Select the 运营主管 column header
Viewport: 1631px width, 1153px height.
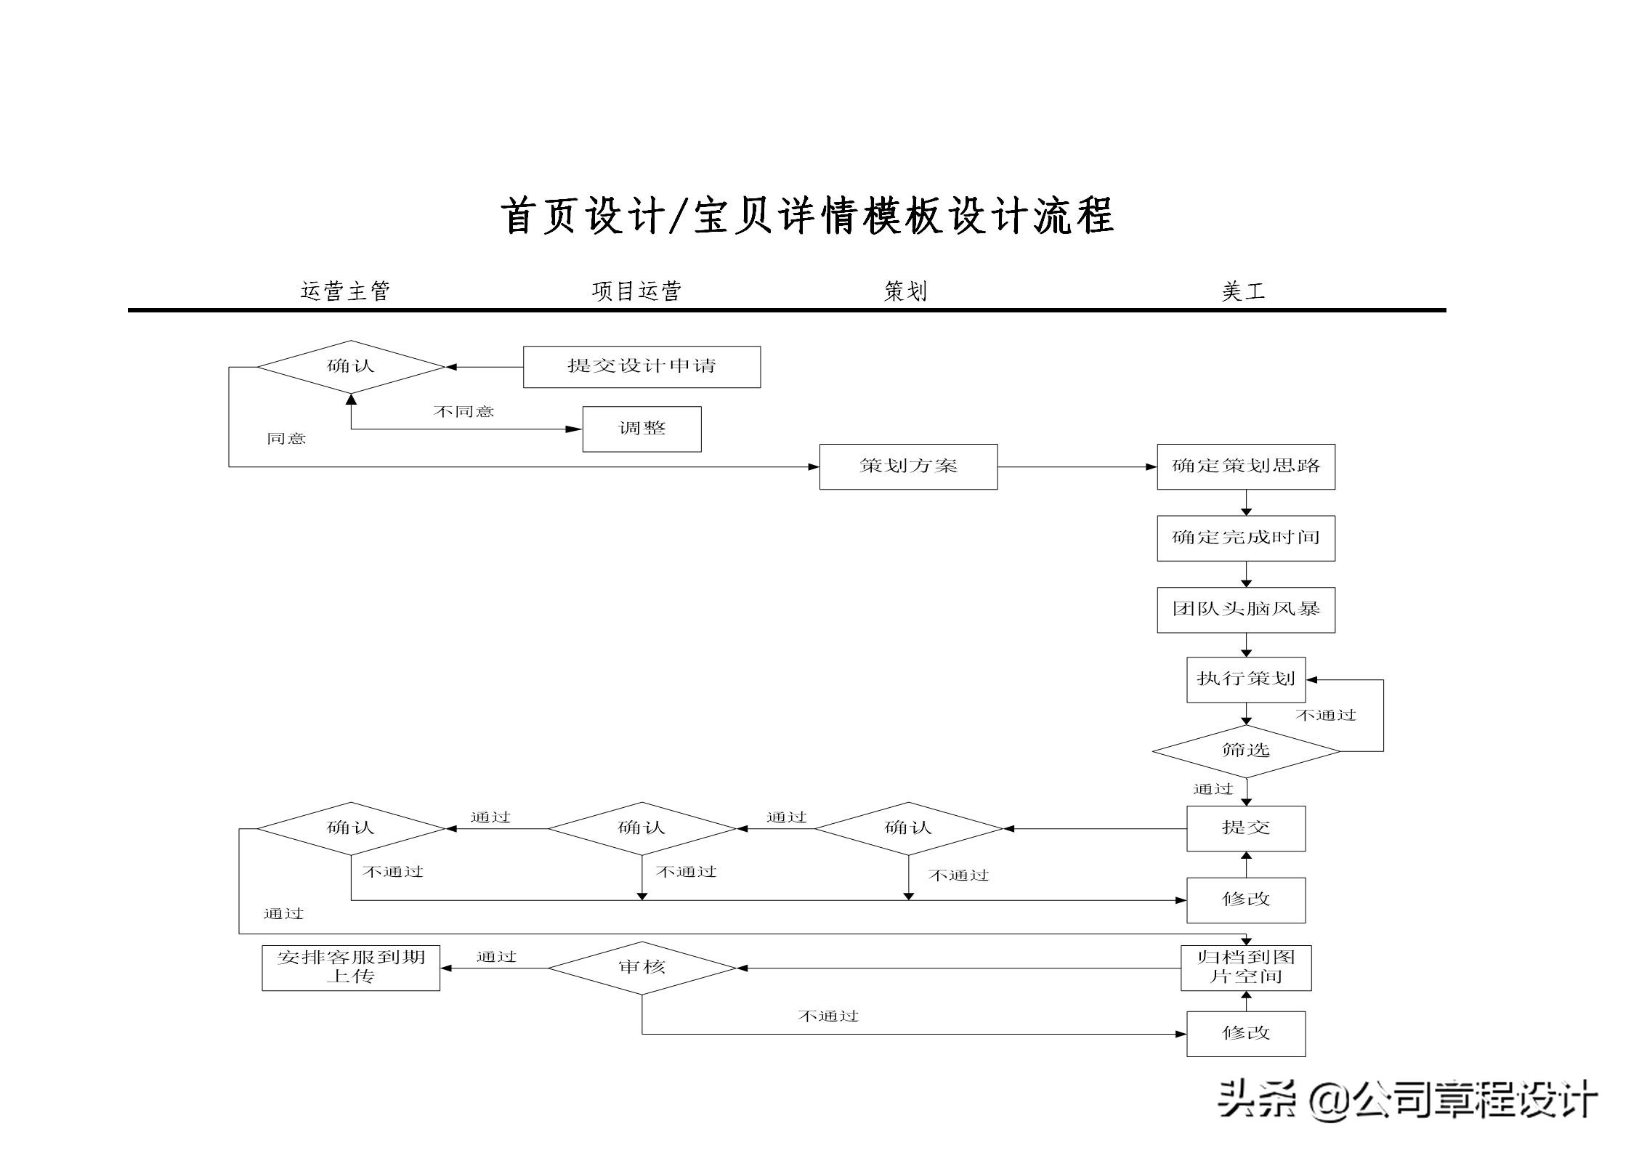click(x=345, y=291)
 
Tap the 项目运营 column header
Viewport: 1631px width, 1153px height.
click(x=636, y=291)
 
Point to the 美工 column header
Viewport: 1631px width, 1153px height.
click(x=1243, y=291)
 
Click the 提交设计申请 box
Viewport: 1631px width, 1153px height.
click(x=642, y=366)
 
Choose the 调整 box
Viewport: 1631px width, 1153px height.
click(x=642, y=429)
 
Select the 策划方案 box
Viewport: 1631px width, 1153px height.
click(x=908, y=466)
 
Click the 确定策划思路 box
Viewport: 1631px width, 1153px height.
click(x=1245, y=466)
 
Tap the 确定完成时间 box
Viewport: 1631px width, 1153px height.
click(x=1245, y=538)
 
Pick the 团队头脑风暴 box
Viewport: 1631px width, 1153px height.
click(x=1245, y=610)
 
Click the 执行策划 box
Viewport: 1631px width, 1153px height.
click(x=1245, y=679)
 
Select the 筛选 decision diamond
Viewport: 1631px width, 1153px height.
click(x=1245, y=751)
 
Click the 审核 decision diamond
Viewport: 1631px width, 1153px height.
click(x=642, y=967)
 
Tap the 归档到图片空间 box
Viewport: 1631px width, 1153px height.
click(x=1245, y=967)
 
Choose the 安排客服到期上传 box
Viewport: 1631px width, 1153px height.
click(x=351, y=967)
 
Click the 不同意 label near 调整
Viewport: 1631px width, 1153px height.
click(x=464, y=412)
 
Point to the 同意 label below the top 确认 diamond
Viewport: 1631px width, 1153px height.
click(x=286, y=439)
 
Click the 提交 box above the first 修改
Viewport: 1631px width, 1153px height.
click(x=1245, y=828)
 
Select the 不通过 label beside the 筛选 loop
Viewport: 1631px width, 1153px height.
click(x=1325, y=716)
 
